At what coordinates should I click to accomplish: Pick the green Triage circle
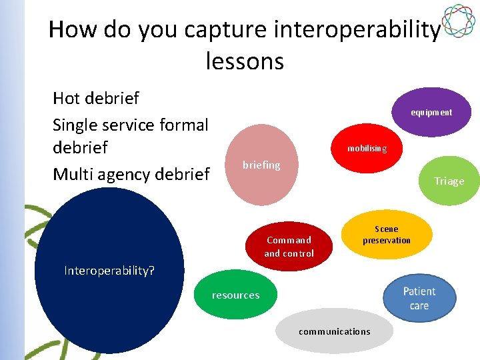(x=449, y=181)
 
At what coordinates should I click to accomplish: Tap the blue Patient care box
(x=419, y=299)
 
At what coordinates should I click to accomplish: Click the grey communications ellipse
(x=334, y=331)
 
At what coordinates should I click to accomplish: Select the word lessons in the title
(x=245, y=61)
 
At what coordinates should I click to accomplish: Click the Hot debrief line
(x=96, y=99)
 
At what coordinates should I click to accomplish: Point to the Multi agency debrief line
(x=131, y=175)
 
